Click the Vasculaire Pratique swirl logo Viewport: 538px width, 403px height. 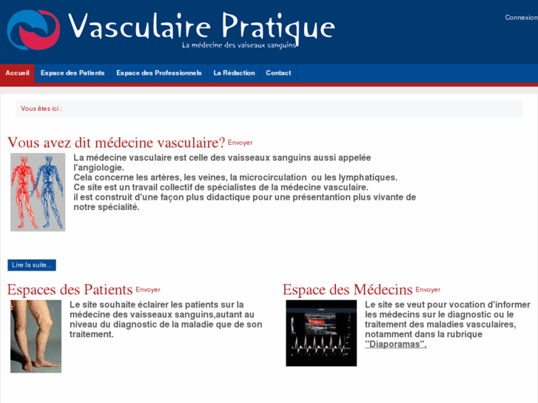tap(33, 30)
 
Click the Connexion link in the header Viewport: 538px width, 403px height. tap(520, 18)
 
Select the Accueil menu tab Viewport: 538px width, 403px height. tap(17, 73)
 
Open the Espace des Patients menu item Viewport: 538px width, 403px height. tap(73, 73)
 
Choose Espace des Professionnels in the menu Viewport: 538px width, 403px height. tap(158, 73)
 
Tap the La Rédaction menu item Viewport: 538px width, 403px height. tap(234, 73)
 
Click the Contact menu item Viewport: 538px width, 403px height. tap(278, 73)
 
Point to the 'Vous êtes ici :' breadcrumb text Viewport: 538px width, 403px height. tap(41, 109)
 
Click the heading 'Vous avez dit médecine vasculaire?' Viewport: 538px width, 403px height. tap(116, 143)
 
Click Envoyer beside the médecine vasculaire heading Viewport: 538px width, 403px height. tap(240, 143)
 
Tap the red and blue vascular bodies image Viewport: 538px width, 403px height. tap(38, 192)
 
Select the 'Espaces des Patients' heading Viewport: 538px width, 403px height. tap(70, 289)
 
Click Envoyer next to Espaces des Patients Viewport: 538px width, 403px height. tap(148, 290)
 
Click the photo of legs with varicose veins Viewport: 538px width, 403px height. tap(36, 336)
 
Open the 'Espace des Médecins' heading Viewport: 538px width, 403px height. tap(347, 289)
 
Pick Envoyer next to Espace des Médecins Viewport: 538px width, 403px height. tap(428, 290)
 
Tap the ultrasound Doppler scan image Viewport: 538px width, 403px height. tap(321, 333)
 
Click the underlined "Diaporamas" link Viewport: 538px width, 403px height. tap(396, 344)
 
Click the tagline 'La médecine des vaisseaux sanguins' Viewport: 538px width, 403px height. tap(239, 45)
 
